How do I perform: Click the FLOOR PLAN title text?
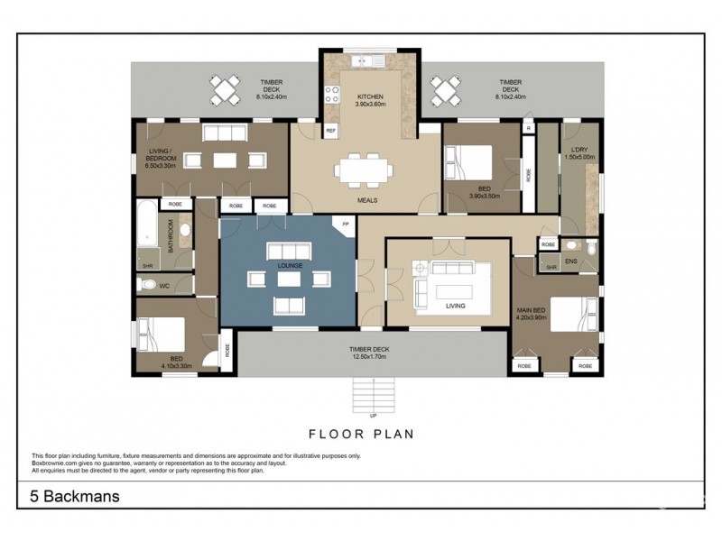361,434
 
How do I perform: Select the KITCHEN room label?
370,96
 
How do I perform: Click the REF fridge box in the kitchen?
330,131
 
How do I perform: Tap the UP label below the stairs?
373,416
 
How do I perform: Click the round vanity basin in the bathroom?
185,231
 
